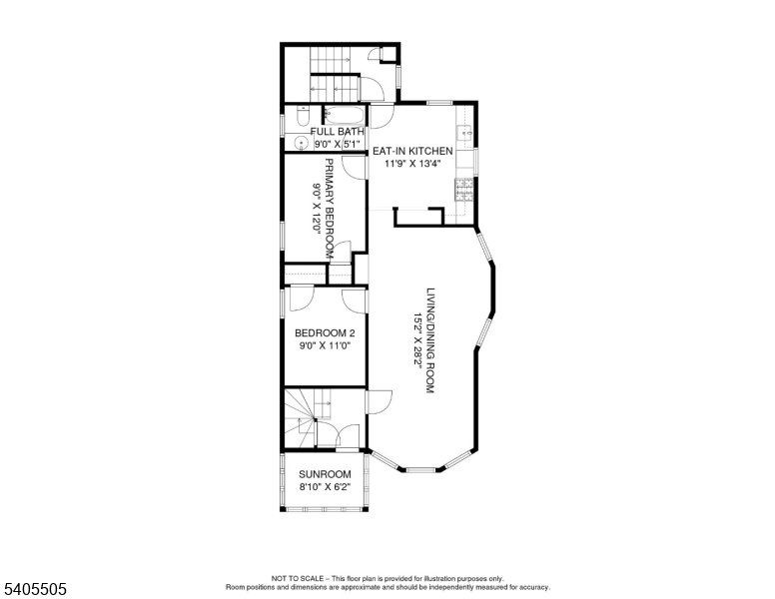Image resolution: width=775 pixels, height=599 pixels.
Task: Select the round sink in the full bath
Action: pos(300,141)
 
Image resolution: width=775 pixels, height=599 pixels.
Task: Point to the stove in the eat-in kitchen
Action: pos(464,188)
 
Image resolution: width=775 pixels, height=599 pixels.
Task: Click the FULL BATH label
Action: pos(338,132)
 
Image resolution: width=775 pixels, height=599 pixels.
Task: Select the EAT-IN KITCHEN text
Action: pos(412,152)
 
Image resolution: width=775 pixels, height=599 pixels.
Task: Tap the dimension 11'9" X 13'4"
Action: pos(412,165)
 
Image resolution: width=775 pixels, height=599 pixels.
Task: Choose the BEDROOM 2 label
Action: pos(325,332)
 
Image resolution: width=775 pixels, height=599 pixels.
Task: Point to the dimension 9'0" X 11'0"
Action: pos(325,345)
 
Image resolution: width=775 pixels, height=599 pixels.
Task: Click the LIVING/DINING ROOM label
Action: pos(430,340)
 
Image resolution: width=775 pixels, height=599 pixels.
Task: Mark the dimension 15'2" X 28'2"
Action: pos(417,340)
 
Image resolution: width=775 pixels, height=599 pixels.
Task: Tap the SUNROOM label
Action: pos(325,474)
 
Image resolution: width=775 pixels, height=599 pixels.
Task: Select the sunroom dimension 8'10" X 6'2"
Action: pos(325,487)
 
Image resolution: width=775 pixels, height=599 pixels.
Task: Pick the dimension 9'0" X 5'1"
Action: pos(338,145)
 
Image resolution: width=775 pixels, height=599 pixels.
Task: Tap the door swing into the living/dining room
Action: pos(378,400)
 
